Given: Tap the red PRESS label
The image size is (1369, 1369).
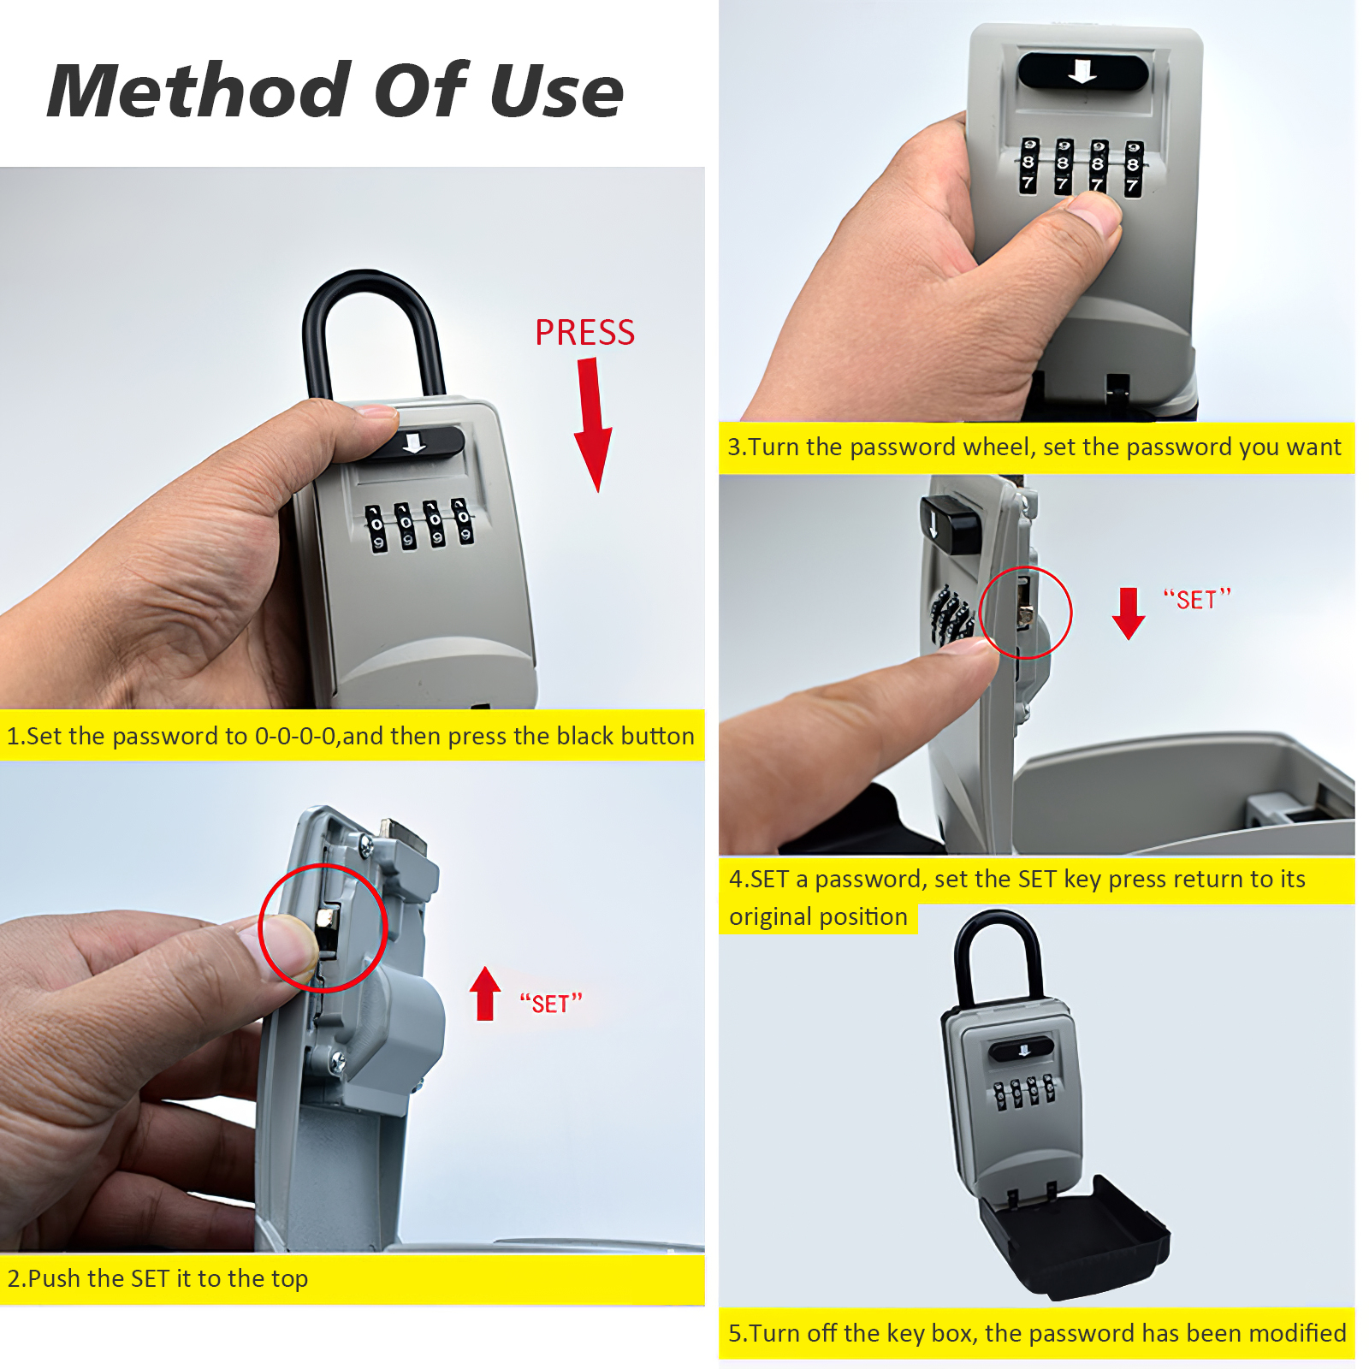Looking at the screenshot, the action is pyautogui.click(x=585, y=333).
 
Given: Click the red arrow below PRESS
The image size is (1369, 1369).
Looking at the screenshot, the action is pyautogui.click(x=592, y=424).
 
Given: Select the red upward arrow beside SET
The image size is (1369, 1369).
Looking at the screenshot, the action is pyautogui.click(x=485, y=993).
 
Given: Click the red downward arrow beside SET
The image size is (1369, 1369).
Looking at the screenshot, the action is pyautogui.click(x=1129, y=613).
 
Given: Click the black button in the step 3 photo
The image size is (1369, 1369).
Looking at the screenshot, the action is pyautogui.click(x=1083, y=72).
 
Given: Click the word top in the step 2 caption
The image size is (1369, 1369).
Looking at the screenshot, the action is pyautogui.click(x=289, y=1279).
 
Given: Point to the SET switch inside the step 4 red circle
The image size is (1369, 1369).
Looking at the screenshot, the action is pyautogui.click(x=1024, y=603).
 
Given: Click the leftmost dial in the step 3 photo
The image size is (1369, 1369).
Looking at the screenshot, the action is pyautogui.click(x=1028, y=165).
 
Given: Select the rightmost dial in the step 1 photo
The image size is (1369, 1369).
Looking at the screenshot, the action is pyautogui.click(x=463, y=521).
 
